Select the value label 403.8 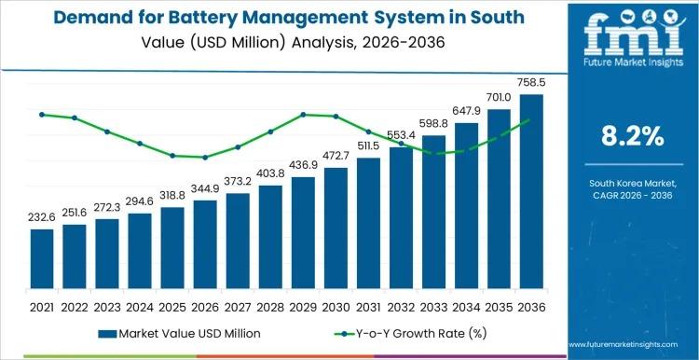coord(270,174)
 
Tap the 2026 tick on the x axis coord(205,306)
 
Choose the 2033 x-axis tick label coord(433,306)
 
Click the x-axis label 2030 coord(336,306)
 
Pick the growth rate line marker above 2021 coord(42,115)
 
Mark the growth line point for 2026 coord(205,158)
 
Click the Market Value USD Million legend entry coord(177,333)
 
